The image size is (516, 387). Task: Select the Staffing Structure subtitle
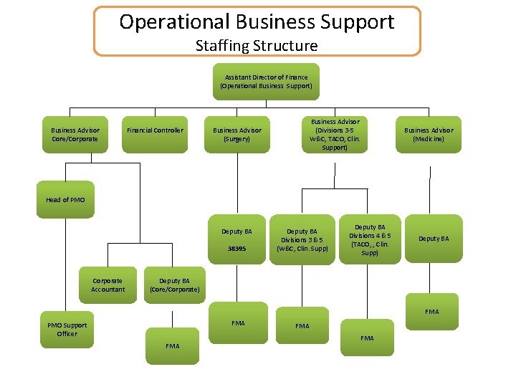257,46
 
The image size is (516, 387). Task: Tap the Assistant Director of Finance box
266,82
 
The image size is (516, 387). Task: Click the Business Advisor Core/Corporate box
75,134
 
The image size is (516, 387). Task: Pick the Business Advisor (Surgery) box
237,134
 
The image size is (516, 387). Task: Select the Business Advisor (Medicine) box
429,134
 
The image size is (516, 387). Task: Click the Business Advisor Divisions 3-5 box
335,134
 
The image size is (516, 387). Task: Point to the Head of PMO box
65,199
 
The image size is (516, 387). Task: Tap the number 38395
236,249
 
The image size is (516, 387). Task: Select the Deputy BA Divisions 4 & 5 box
370,239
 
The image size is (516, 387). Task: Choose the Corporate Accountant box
107,285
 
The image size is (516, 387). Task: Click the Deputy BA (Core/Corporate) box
174,285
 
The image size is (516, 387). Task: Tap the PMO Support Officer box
67,330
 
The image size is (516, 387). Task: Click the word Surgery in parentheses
237,139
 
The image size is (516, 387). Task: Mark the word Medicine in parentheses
429,139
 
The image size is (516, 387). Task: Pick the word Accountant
107,290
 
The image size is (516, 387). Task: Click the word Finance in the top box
295,77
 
